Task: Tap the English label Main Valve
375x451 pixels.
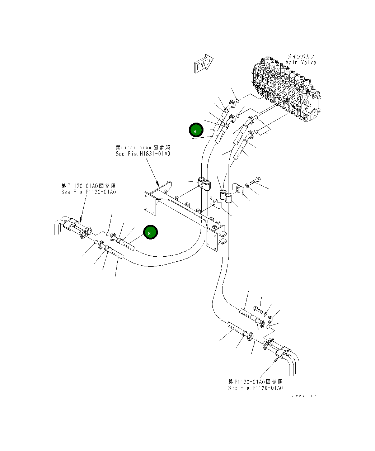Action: pyautogui.click(x=301, y=63)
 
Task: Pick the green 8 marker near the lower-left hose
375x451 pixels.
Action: pyautogui.click(x=150, y=233)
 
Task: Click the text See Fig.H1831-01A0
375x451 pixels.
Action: pyautogui.click(x=142, y=154)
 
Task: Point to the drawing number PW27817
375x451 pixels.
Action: pyautogui.click(x=304, y=396)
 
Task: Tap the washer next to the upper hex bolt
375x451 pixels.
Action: pyautogui.click(x=247, y=185)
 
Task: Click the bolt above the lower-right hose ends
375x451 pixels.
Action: pyautogui.click(x=258, y=309)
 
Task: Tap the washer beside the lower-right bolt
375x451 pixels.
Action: pyautogui.click(x=266, y=314)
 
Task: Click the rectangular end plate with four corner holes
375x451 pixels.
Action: pyautogui.click(x=150, y=205)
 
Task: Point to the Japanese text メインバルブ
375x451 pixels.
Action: pyautogui.click(x=301, y=57)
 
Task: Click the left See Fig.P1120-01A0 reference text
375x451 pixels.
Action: pyautogui.click(x=88, y=192)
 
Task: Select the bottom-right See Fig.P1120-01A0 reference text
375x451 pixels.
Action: pyautogui.click(x=255, y=388)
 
